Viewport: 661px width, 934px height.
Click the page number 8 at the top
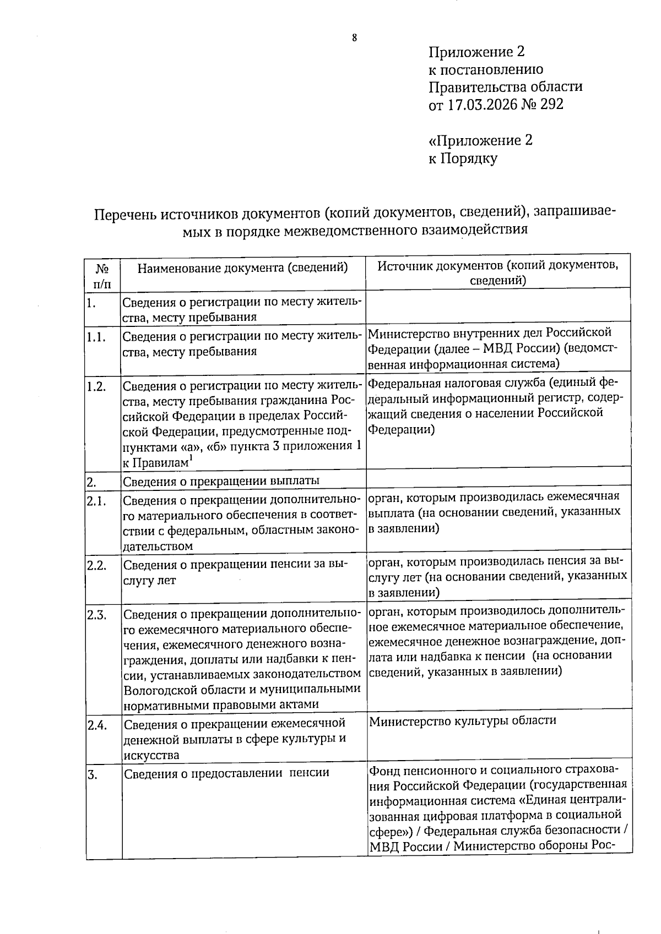(354, 38)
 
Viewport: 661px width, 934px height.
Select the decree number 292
(551, 105)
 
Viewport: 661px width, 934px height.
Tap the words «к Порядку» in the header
(463, 159)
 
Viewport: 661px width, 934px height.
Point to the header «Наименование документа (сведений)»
(243, 268)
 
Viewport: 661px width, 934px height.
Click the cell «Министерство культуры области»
(462, 720)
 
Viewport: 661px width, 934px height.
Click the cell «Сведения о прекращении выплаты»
(221, 481)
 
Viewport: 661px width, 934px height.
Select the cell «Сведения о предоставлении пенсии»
(226, 773)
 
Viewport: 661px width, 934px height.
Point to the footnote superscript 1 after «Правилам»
(191, 458)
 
